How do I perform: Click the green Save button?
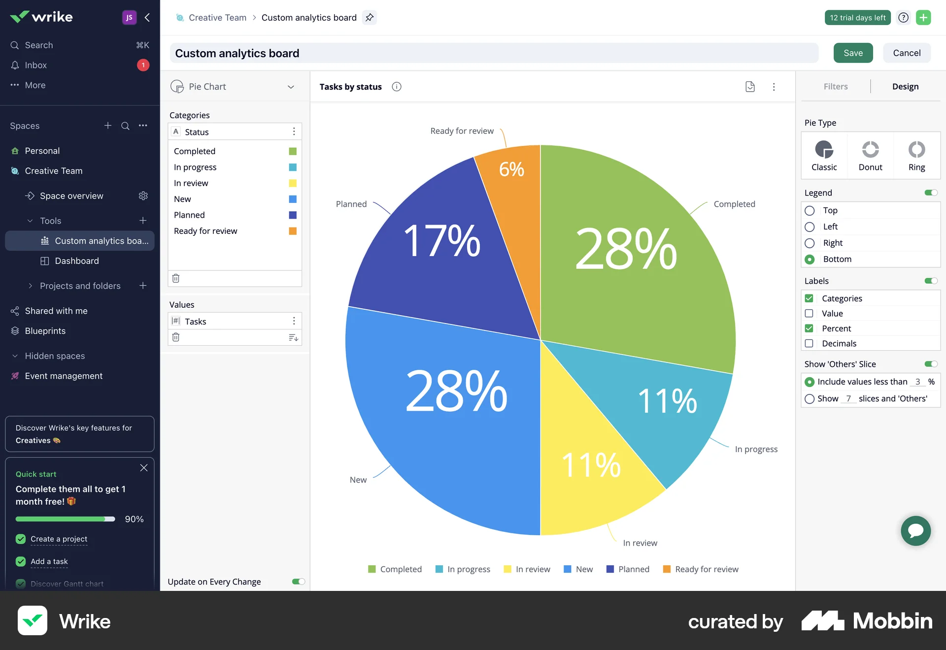pyautogui.click(x=853, y=53)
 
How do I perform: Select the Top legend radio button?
pyautogui.click(x=810, y=211)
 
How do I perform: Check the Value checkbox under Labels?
pyautogui.click(x=809, y=314)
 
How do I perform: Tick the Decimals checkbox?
pyautogui.click(x=809, y=344)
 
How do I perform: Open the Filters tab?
pyautogui.click(x=836, y=87)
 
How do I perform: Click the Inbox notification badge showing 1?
pyautogui.click(x=143, y=65)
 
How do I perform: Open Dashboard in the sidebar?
pyautogui.click(x=76, y=261)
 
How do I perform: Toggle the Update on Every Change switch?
pyautogui.click(x=298, y=582)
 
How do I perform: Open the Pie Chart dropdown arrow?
pyautogui.click(x=291, y=87)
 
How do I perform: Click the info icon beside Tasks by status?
pyautogui.click(x=397, y=87)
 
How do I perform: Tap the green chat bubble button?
pyautogui.click(x=915, y=530)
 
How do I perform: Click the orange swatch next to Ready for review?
pyautogui.click(x=293, y=231)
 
